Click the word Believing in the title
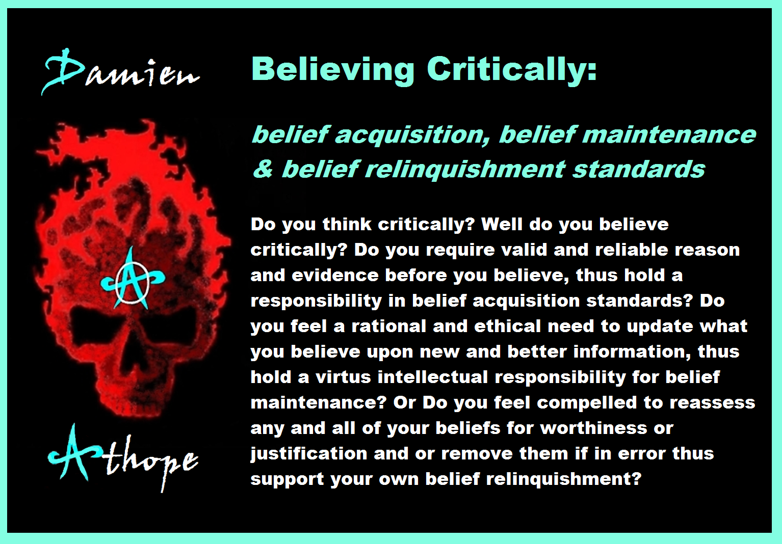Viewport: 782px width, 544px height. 333,70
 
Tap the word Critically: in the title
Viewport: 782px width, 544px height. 512,70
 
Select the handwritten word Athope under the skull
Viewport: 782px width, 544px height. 122,457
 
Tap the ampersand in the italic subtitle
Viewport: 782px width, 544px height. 263,169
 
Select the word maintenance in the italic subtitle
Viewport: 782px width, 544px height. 668,135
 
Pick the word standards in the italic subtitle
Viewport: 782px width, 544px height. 639,169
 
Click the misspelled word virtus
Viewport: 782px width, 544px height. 343,377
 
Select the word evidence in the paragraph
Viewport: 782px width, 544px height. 335,275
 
